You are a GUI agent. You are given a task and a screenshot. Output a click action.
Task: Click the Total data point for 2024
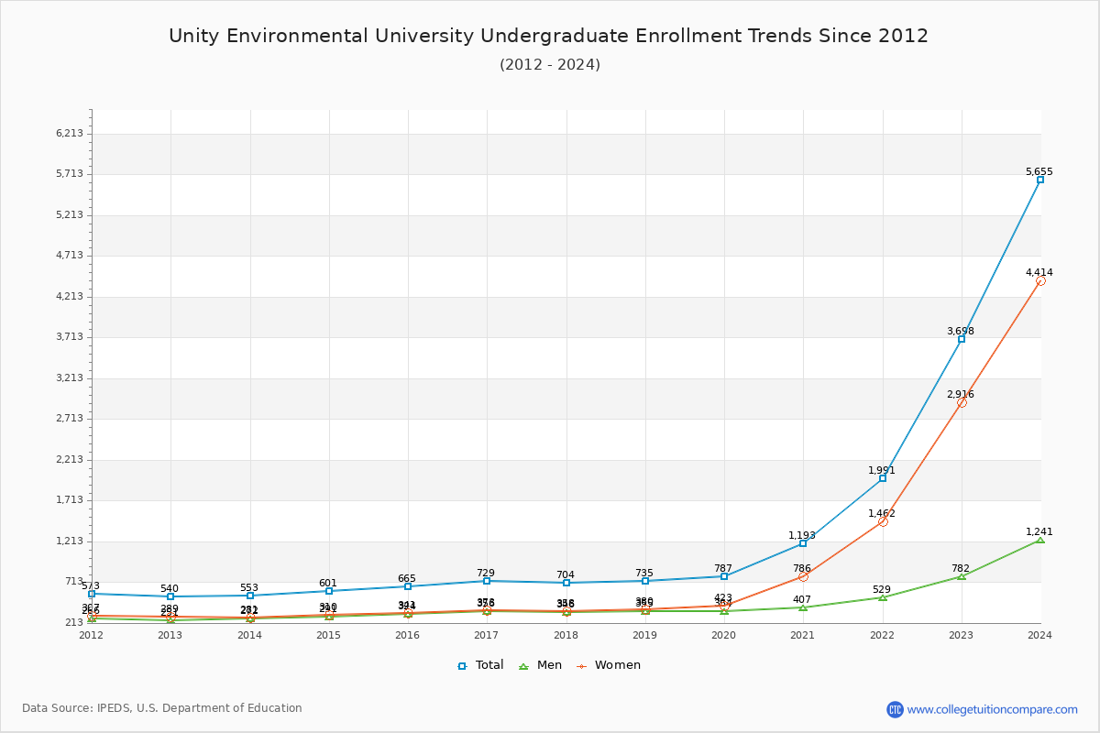[1040, 180]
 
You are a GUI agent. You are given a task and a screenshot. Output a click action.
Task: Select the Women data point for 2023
[962, 402]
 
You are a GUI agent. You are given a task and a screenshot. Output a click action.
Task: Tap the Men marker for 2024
[1040, 540]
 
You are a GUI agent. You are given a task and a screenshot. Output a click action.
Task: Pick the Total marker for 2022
[883, 478]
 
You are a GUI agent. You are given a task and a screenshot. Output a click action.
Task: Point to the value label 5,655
[1039, 171]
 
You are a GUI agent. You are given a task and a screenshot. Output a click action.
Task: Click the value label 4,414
[1039, 272]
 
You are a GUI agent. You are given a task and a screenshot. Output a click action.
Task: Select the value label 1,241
[1039, 531]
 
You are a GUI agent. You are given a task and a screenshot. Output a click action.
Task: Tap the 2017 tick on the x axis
[487, 635]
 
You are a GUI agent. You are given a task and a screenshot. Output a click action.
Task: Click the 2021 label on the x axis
[803, 635]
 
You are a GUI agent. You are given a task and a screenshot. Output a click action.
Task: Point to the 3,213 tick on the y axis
[70, 377]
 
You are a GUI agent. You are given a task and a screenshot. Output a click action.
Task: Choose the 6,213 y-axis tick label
[70, 133]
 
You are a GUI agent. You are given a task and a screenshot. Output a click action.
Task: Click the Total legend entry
[481, 665]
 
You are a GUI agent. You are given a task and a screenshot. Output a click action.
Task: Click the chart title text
[548, 36]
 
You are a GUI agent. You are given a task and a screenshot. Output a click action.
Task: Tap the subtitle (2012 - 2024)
[550, 64]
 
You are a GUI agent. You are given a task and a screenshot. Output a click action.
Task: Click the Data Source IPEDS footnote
[162, 708]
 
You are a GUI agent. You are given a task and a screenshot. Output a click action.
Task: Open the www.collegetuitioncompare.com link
[992, 709]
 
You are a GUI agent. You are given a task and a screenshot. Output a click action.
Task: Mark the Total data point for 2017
[487, 581]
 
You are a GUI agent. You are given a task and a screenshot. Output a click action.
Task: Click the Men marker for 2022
[883, 597]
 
